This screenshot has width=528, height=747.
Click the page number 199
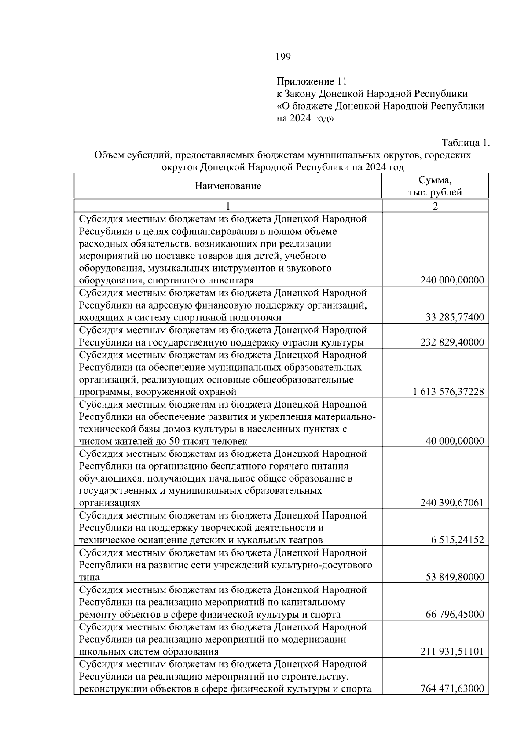click(x=283, y=57)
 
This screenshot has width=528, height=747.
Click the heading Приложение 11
click(x=312, y=81)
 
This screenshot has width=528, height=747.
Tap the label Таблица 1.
click(x=466, y=143)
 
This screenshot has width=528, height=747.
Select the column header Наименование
click(x=228, y=186)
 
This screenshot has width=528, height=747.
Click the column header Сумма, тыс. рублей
click(x=435, y=186)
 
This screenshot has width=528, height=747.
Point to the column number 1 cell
click(x=228, y=206)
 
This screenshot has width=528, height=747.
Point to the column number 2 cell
click(x=435, y=206)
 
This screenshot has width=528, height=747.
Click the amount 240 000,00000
click(x=452, y=280)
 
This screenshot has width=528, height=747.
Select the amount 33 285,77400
click(x=455, y=317)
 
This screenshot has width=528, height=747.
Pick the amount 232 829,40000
click(x=452, y=342)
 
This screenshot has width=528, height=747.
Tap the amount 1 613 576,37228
click(x=448, y=392)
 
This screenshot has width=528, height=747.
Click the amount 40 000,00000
click(x=455, y=441)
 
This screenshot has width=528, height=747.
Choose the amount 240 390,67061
click(x=452, y=503)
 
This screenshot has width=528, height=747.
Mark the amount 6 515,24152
click(x=457, y=540)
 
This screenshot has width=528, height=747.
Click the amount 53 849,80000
click(x=455, y=577)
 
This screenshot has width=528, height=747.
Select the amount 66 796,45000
click(x=455, y=614)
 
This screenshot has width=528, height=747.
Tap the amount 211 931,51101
click(x=452, y=651)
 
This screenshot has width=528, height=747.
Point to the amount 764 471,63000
click(x=452, y=688)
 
